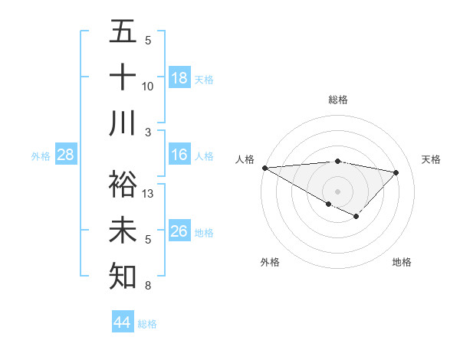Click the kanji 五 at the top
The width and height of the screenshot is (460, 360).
coord(123,31)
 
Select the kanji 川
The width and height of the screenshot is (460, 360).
coord(123,123)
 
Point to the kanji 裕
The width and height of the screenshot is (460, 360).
coord(123,185)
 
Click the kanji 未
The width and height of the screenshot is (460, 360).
coord(123,231)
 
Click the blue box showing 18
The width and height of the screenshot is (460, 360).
coord(179,78)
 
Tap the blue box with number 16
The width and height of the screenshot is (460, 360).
coord(179,155)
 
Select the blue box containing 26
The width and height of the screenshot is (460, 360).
coord(179,231)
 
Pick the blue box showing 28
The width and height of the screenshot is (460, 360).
coord(66,155)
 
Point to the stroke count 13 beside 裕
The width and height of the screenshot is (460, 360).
coord(148,194)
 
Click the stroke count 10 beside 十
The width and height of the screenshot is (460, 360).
coord(148,87)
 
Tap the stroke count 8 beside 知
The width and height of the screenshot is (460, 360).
coord(148,286)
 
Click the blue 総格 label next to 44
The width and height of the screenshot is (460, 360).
coord(147,324)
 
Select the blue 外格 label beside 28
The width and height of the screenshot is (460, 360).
coord(41,156)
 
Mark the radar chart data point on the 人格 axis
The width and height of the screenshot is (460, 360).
coord(264,168)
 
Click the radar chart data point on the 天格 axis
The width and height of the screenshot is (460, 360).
coord(396,172)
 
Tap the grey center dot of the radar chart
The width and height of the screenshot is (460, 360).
coord(337,190)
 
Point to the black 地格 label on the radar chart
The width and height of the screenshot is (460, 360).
coord(402,263)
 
